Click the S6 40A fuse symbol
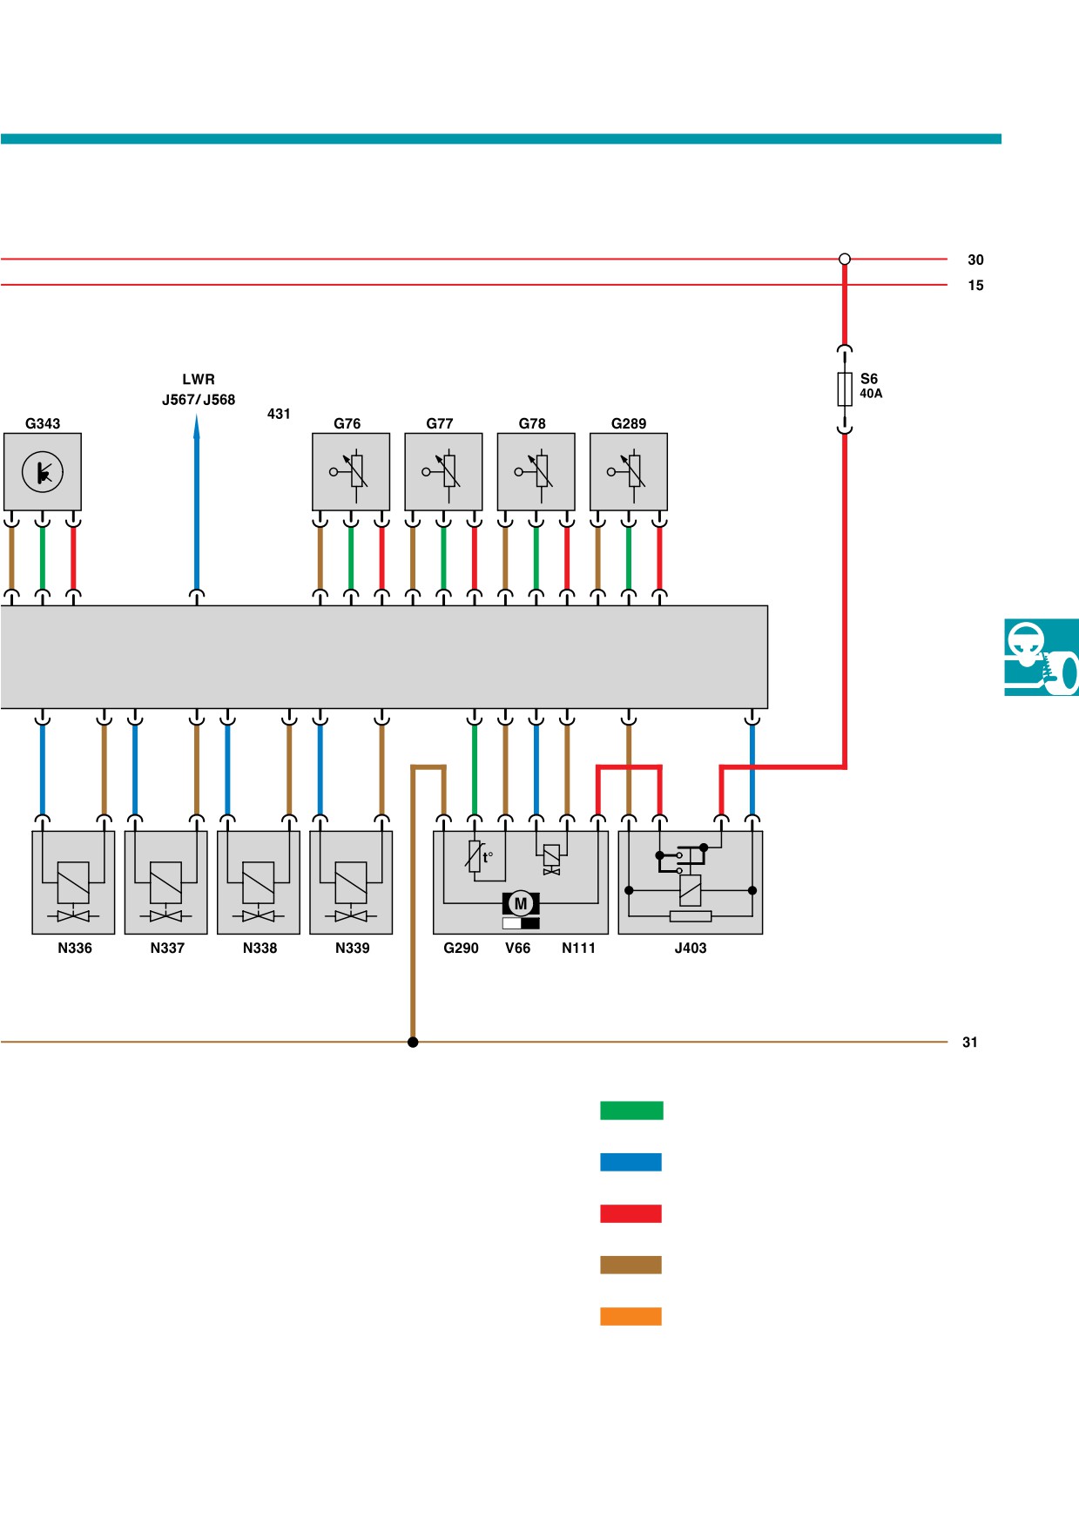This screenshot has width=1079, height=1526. pyautogui.click(x=845, y=389)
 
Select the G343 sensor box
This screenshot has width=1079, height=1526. pyautogui.click(x=43, y=471)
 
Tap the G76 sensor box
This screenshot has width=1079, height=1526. pyautogui.click(x=351, y=471)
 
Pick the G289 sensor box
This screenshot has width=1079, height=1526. pyautogui.click(x=629, y=471)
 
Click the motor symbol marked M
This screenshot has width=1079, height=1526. pyautogui.click(x=521, y=903)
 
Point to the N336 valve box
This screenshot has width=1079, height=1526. pyautogui.click(x=73, y=882)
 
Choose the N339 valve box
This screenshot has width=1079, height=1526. pyautogui.click(x=351, y=882)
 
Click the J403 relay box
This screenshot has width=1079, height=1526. pyautogui.click(x=691, y=882)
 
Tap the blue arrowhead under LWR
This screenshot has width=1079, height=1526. pyautogui.click(x=197, y=426)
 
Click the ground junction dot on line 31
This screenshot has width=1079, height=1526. pyautogui.click(x=413, y=1042)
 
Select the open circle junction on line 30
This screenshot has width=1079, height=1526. pyautogui.click(x=845, y=259)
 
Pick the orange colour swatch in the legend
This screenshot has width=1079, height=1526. pyautogui.click(x=631, y=1316)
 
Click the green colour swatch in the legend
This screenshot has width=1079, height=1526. pyautogui.click(x=631, y=1111)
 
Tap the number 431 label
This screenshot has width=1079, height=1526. pyautogui.click(x=279, y=414)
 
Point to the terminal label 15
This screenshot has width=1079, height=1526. pyautogui.click(x=975, y=286)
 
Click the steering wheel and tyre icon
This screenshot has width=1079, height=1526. pyautogui.click(x=1042, y=657)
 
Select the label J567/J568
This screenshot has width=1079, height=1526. pyautogui.click(x=199, y=400)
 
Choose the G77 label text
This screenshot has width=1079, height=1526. pyautogui.click(x=440, y=423)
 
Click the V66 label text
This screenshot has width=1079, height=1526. pyautogui.click(x=517, y=948)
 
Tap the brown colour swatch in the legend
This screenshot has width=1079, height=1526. pyautogui.click(x=631, y=1265)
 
